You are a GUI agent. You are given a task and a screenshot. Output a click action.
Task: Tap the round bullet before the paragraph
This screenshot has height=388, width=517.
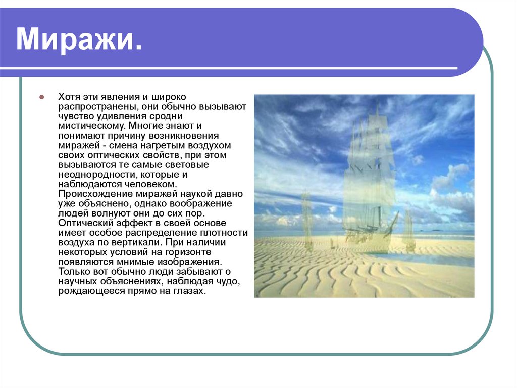click(x=41, y=97)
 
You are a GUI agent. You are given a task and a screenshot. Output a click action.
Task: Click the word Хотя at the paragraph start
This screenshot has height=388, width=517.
click(x=69, y=97)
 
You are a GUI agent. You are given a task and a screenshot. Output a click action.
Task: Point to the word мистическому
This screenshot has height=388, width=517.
click(x=92, y=126)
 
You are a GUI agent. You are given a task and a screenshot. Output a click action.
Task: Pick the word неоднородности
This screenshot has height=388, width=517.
click(x=98, y=175)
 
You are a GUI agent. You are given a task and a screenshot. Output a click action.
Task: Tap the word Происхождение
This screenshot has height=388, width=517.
click(x=95, y=194)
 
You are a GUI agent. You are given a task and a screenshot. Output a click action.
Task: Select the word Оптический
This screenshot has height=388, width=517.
click(x=85, y=223)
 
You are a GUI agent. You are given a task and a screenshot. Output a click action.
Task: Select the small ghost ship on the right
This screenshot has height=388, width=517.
click(x=409, y=231)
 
